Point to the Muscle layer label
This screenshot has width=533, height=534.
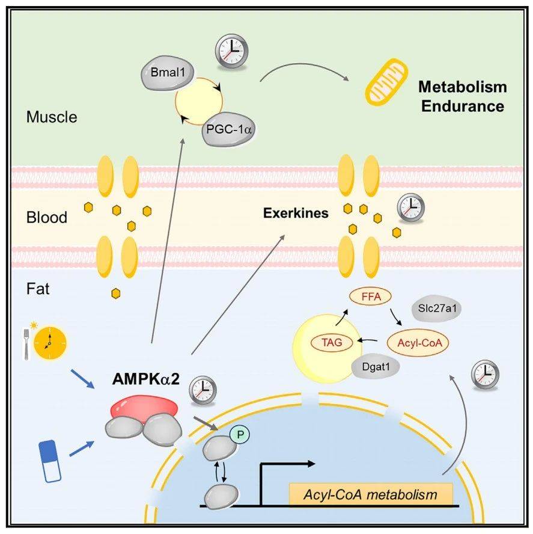coord(52,117)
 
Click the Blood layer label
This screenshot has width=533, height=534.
coord(47,217)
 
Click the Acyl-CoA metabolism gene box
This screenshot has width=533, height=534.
coord(371,494)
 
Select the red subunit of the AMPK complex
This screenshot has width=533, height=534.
coord(145,407)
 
